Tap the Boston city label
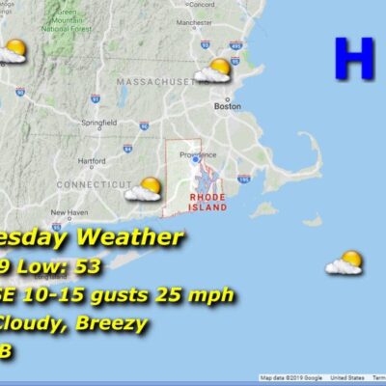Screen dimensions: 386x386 click(227, 106)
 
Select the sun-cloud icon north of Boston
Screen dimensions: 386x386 click(214, 70)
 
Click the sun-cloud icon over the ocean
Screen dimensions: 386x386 click(345, 262)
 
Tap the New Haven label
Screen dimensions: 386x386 click(69, 212)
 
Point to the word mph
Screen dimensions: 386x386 click(210, 294)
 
